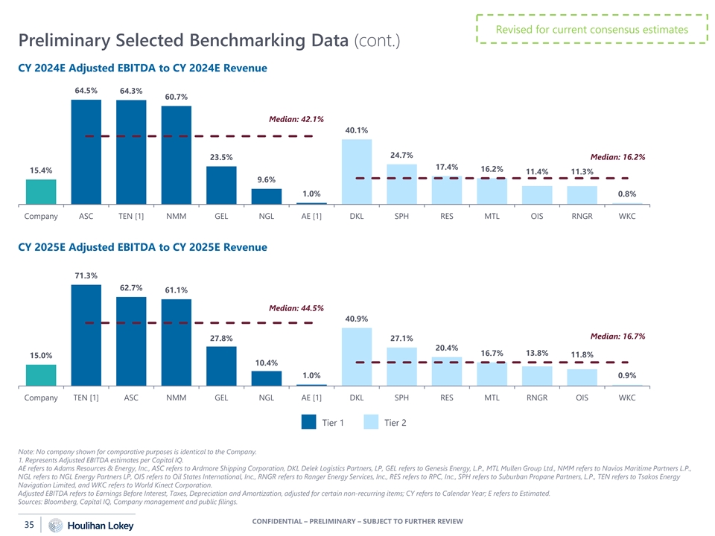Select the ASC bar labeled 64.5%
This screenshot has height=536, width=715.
[x=86, y=152]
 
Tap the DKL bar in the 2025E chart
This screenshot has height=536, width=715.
[x=357, y=357]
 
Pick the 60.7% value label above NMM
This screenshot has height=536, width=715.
[x=177, y=97]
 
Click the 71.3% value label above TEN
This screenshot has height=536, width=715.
[x=86, y=275]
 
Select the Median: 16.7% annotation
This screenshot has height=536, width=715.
[x=617, y=336]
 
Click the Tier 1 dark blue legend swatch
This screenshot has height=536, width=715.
[x=310, y=423]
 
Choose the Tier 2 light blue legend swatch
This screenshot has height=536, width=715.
[x=372, y=423]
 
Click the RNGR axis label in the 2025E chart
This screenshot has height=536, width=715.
[x=537, y=398]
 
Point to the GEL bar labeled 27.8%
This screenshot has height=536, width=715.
[x=221, y=366]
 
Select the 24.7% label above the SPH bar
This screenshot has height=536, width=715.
[x=401, y=155]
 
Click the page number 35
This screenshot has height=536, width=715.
[x=29, y=525]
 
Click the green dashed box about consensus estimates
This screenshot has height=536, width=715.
[x=592, y=30]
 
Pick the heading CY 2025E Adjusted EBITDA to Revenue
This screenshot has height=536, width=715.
[x=142, y=247]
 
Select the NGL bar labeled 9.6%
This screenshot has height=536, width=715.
[x=267, y=197]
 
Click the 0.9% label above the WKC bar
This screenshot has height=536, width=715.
[x=627, y=375]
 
